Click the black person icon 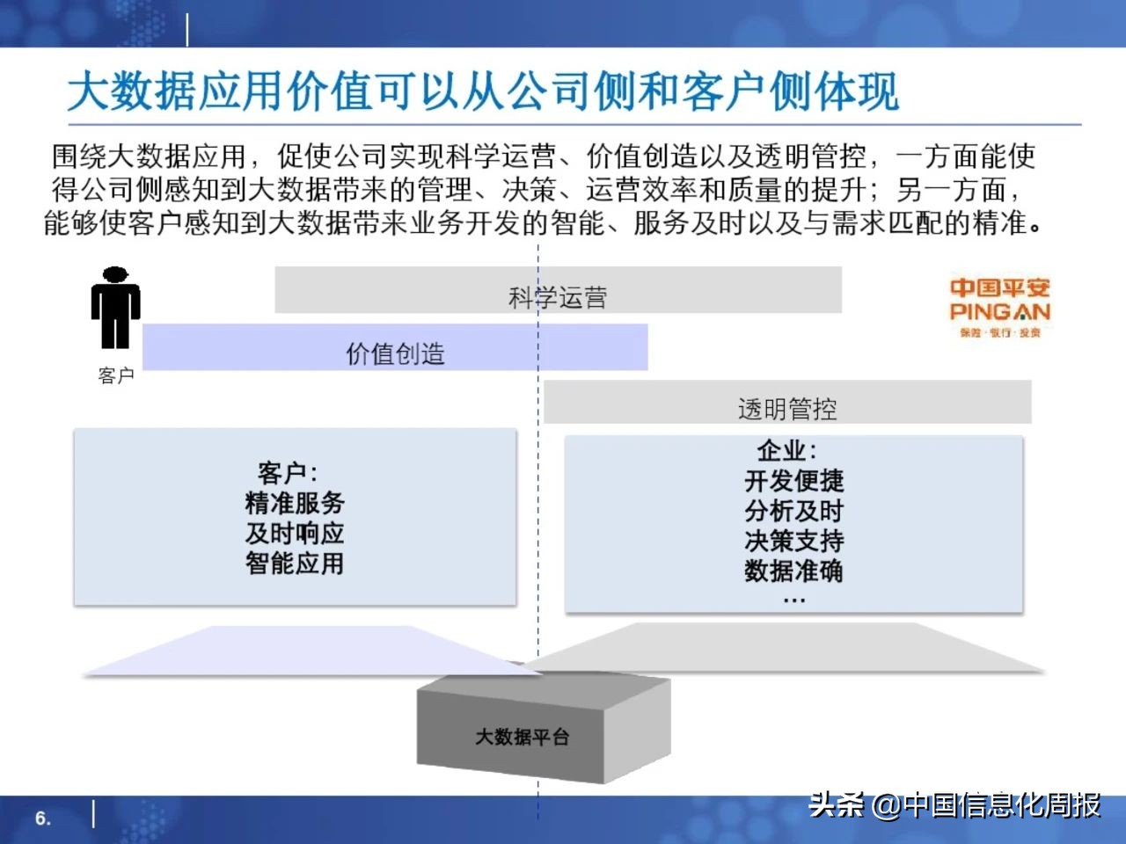click(115, 308)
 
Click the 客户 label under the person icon click(115, 375)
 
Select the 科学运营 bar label click(558, 297)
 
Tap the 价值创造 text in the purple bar click(395, 353)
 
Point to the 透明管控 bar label click(786, 409)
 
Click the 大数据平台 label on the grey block click(522, 737)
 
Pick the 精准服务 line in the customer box click(295, 503)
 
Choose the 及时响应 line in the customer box click(295, 533)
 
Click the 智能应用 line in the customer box click(295, 563)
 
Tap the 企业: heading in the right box click(786, 451)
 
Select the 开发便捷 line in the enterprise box click(793, 481)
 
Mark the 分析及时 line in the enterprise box click(793, 511)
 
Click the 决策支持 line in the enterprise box click(793, 541)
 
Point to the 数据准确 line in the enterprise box click(793, 571)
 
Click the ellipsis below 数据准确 click(793, 600)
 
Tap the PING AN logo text click(999, 311)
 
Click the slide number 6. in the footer click(43, 818)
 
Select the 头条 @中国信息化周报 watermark click(954, 804)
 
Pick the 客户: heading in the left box click(288, 473)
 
